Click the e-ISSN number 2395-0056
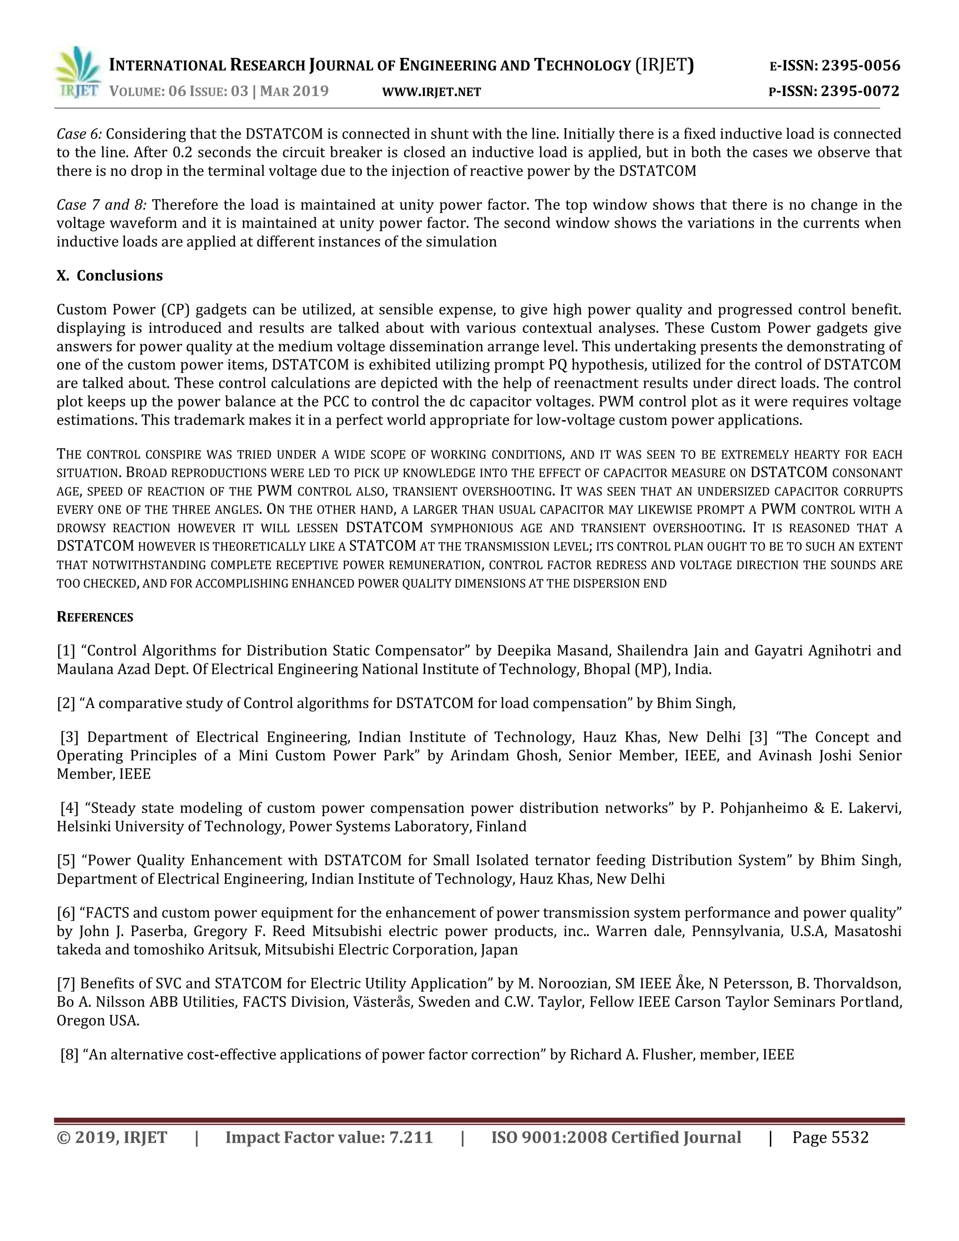pyautogui.click(x=861, y=66)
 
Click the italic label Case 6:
pyautogui.click(x=80, y=134)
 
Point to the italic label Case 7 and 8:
pyautogui.click(x=102, y=205)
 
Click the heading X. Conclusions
pyautogui.click(x=110, y=275)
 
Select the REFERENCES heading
pyautogui.click(x=95, y=617)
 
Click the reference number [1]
pyautogui.click(x=66, y=650)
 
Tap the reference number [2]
pyautogui.click(x=66, y=703)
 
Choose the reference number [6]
pyautogui.click(x=66, y=913)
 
